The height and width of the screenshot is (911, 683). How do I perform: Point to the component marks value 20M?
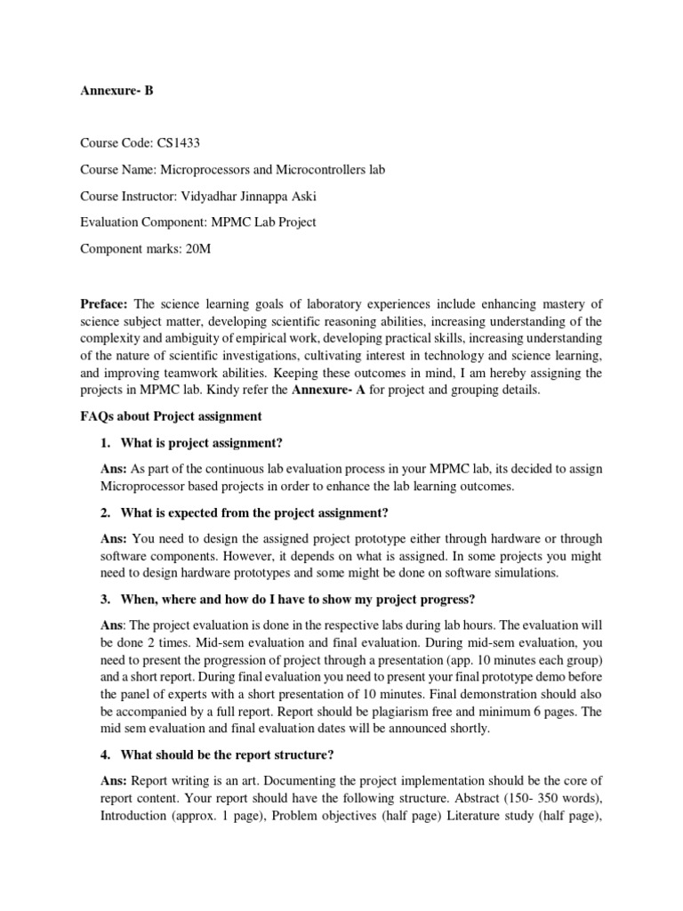click(193, 248)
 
